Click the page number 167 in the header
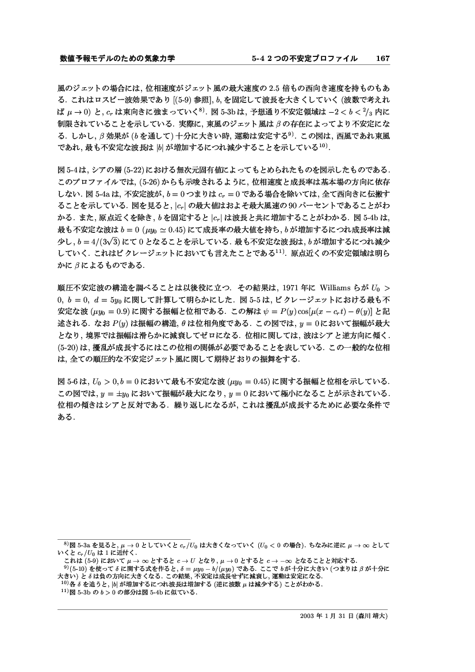383,59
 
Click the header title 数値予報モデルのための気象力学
117,59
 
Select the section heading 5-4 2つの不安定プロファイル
304,59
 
